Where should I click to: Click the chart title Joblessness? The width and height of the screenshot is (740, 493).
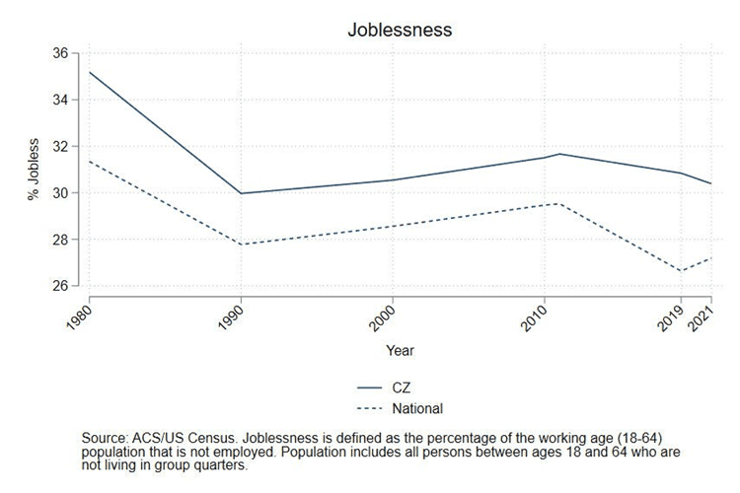pyautogui.click(x=400, y=30)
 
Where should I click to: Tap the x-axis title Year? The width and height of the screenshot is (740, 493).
pyautogui.click(x=400, y=350)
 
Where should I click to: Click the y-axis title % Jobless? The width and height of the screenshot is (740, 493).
pyautogui.click(x=34, y=170)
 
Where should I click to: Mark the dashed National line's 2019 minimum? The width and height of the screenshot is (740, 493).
pyautogui.click(x=681, y=271)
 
